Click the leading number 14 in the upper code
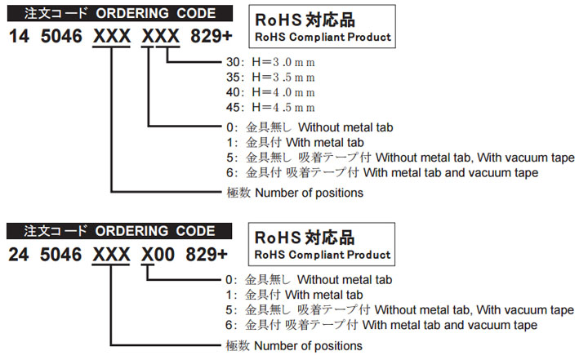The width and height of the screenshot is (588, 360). point(19,37)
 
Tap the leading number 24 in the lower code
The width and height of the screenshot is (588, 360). point(19,255)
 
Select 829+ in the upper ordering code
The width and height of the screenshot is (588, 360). point(212,37)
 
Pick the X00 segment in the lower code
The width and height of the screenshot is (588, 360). point(158,255)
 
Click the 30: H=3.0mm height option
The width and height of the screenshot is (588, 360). point(270,62)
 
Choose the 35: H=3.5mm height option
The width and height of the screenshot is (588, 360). point(270,78)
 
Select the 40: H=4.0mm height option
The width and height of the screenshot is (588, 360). point(270,92)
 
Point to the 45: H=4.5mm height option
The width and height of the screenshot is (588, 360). point(270,108)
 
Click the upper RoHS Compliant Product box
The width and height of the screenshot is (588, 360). point(322,26)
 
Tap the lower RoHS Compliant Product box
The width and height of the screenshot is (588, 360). point(322,244)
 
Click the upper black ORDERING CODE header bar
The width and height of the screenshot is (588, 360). point(120,13)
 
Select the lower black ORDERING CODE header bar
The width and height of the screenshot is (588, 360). point(119,231)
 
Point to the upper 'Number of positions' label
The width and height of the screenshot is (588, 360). point(295,193)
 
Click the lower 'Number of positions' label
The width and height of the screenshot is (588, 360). point(294,346)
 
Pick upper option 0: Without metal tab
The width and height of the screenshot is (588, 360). point(310,127)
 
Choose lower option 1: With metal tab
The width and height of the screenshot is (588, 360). point(294,295)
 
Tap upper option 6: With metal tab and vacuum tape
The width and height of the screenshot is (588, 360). point(382,172)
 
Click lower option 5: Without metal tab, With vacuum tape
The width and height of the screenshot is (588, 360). point(399,310)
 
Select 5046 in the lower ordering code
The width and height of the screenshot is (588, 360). point(60,255)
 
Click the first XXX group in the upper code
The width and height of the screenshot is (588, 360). point(112,37)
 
